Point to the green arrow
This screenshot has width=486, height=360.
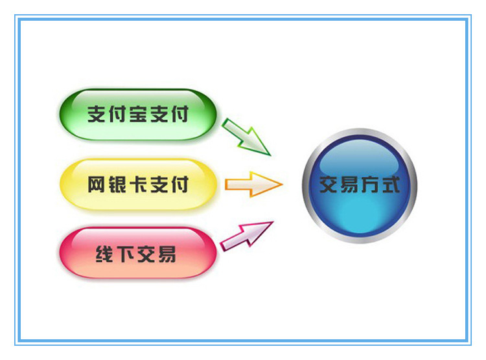pyautogui.click(x=246, y=137)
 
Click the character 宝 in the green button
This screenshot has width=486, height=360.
pyautogui.click(x=137, y=115)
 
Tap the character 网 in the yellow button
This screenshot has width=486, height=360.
pyautogui.click(x=97, y=185)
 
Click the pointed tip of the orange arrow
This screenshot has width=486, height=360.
pyautogui.click(x=281, y=185)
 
